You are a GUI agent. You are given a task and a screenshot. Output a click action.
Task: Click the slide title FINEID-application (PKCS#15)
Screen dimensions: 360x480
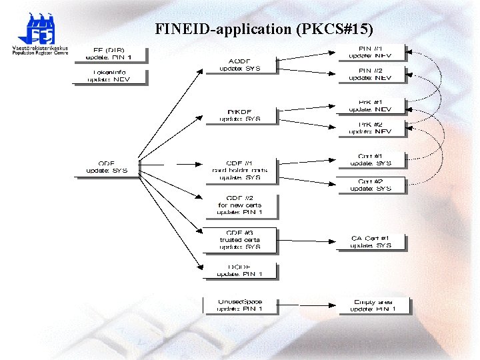(264, 29)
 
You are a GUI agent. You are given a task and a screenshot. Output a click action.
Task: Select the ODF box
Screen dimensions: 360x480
(107, 167)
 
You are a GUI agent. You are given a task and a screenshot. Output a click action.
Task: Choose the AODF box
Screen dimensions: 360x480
(239, 65)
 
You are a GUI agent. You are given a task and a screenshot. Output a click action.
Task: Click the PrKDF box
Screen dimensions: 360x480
(239, 115)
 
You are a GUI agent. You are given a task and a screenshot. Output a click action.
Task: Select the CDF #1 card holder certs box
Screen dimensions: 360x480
(239, 170)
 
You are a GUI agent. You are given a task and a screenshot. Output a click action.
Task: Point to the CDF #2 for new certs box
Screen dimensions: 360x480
(239, 205)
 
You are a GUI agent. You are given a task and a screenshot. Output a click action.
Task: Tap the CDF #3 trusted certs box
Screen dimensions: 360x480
(239, 240)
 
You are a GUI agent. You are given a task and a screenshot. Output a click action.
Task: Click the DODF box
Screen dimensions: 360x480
(239, 270)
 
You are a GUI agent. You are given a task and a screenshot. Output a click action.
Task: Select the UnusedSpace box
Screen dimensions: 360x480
(239, 305)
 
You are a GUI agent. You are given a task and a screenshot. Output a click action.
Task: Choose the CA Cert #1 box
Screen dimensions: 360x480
(370, 241)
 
